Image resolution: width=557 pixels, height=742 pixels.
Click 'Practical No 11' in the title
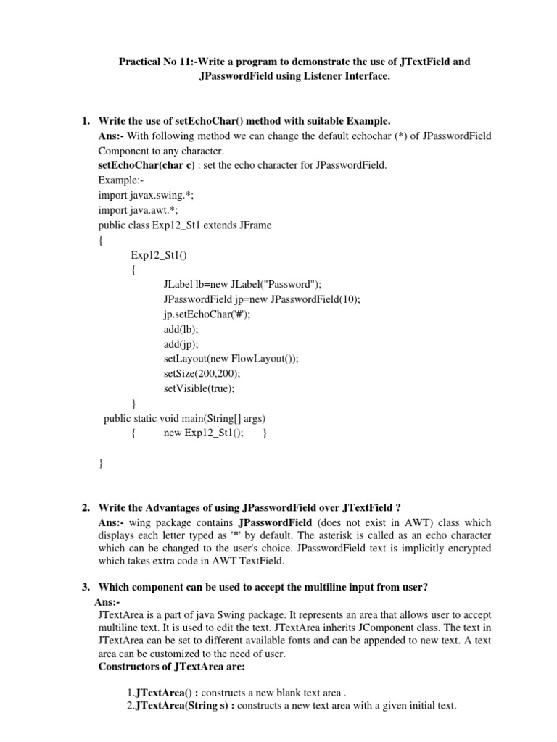(x=153, y=62)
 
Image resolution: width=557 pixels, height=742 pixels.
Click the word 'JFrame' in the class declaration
(x=252, y=225)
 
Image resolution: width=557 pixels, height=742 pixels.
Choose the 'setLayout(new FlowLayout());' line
(x=231, y=358)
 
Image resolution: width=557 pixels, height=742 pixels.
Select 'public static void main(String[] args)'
(x=184, y=418)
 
